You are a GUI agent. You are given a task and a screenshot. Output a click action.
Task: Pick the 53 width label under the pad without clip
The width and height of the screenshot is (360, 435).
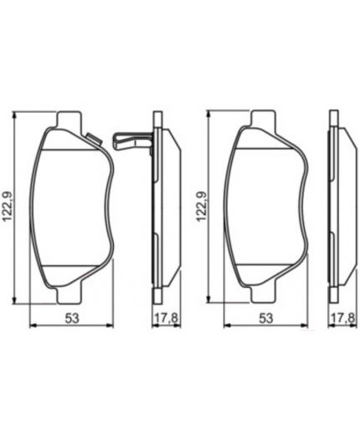tap(265, 318)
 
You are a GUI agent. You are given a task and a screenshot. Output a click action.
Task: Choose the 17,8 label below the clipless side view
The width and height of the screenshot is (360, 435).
tap(344, 318)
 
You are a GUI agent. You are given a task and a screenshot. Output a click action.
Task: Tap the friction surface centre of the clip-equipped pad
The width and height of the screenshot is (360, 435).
tap(70, 205)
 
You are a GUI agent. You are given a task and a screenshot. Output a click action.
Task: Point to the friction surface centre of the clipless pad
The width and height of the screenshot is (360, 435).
tap(265, 205)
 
